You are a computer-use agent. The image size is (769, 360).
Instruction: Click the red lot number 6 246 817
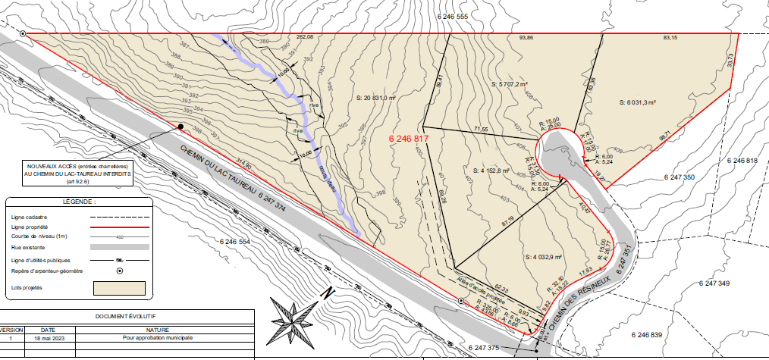[410, 139]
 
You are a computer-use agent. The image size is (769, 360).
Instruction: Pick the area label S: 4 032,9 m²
[544, 257]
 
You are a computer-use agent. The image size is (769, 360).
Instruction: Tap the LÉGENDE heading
[79, 202]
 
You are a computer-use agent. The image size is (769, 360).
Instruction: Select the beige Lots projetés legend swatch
[118, 288]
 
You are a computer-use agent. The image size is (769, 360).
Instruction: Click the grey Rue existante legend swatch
[118, 247]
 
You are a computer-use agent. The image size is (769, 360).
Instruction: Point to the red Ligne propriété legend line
[118, 227]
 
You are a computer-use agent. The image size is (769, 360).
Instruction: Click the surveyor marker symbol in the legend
[119, 271]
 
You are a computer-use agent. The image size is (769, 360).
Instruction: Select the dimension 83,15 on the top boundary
[671, 37]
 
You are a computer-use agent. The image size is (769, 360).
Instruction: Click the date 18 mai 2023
[48, 337]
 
